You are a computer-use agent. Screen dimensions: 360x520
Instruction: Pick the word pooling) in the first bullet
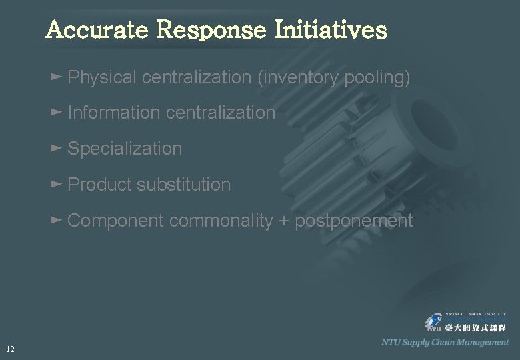pos(377,78)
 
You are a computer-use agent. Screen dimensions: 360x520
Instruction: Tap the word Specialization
pos(125,149)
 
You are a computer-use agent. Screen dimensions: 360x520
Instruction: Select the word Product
pos(99,185)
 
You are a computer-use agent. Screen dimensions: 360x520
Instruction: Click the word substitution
pos(183,185)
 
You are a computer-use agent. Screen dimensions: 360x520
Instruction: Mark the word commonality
pos(221,221)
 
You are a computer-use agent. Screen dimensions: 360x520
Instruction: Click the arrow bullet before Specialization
pos(56,147)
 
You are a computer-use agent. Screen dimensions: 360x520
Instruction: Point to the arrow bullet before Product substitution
pos(56,183)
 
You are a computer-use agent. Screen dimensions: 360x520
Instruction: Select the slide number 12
pos(10,349)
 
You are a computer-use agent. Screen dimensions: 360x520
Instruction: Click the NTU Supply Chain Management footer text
pos(445,342)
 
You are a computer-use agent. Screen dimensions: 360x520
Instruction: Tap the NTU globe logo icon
pos(434,323)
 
